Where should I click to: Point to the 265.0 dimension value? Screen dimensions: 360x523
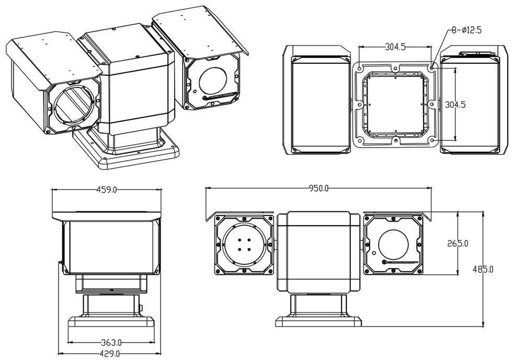458,243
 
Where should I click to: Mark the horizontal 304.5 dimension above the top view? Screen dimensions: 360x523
396,47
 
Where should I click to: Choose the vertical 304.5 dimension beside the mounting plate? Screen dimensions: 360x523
455,104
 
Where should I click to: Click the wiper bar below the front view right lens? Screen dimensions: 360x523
400,262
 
